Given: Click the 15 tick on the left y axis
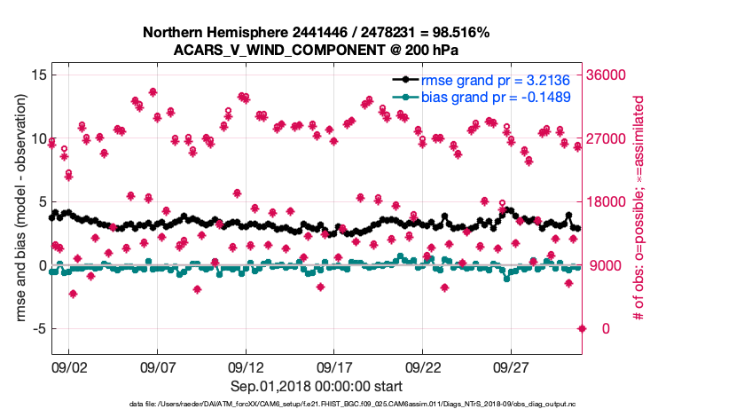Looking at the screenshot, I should pos(38,75).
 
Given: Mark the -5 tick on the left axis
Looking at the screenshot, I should pos(38,329).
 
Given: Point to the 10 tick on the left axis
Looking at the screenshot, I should pos(38,139).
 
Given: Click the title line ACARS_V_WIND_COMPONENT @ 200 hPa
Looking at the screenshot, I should pos(317,50).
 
